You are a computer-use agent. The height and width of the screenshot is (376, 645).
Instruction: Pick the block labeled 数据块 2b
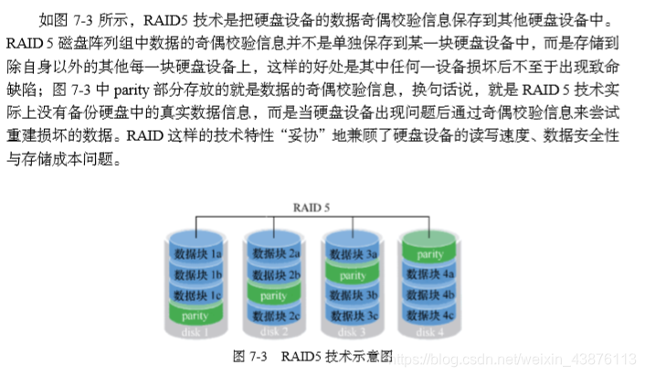click(275, 274)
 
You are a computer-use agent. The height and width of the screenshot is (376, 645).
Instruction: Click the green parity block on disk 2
click(275, 295)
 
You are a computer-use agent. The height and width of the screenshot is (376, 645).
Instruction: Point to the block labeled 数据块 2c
click(275, 316)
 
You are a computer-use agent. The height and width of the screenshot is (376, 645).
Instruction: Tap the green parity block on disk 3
click(352, 274)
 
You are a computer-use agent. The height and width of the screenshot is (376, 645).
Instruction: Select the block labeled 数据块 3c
click(352, 316)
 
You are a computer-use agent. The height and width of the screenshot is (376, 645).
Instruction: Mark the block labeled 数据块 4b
click(429, 295)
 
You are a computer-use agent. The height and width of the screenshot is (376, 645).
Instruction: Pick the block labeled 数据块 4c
click(429, 316)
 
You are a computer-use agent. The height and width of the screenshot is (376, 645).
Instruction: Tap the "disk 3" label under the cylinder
click(352, 333)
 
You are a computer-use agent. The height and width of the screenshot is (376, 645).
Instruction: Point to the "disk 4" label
click(429, 333)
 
